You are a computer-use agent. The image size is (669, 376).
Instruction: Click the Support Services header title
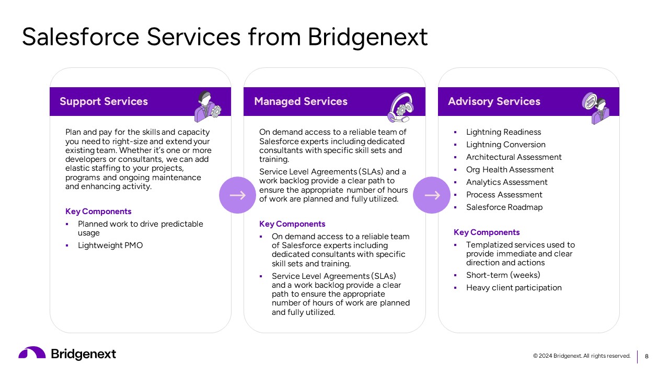point(103,101)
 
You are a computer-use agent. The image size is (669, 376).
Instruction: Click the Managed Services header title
point(301,101)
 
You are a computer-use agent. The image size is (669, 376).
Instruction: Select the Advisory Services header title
point(494,101)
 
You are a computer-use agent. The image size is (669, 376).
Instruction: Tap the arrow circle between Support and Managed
point(237,195)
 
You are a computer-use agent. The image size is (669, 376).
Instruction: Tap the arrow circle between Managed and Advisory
point(432,195)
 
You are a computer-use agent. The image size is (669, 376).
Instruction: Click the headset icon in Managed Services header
point(401,108)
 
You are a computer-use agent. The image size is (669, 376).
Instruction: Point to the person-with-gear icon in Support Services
point(207,106)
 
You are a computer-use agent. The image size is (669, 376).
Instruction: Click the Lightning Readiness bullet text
point(503,132)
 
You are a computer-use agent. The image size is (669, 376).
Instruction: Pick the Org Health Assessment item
point(510,170)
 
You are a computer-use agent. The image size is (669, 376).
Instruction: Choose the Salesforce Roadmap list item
point(504,207)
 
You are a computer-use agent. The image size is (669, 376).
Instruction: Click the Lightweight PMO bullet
point(110,245)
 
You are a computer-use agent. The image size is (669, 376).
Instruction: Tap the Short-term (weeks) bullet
point(503,275)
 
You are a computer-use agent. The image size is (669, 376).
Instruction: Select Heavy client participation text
point(514,288)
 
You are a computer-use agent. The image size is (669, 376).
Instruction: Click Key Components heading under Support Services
point(98,211)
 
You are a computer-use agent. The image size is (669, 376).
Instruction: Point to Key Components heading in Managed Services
point(292,224)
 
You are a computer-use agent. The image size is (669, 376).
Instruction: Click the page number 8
point(647,356)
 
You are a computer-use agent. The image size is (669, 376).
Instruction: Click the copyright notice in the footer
point(582,356)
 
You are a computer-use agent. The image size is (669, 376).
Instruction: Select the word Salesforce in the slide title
point(80,37)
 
